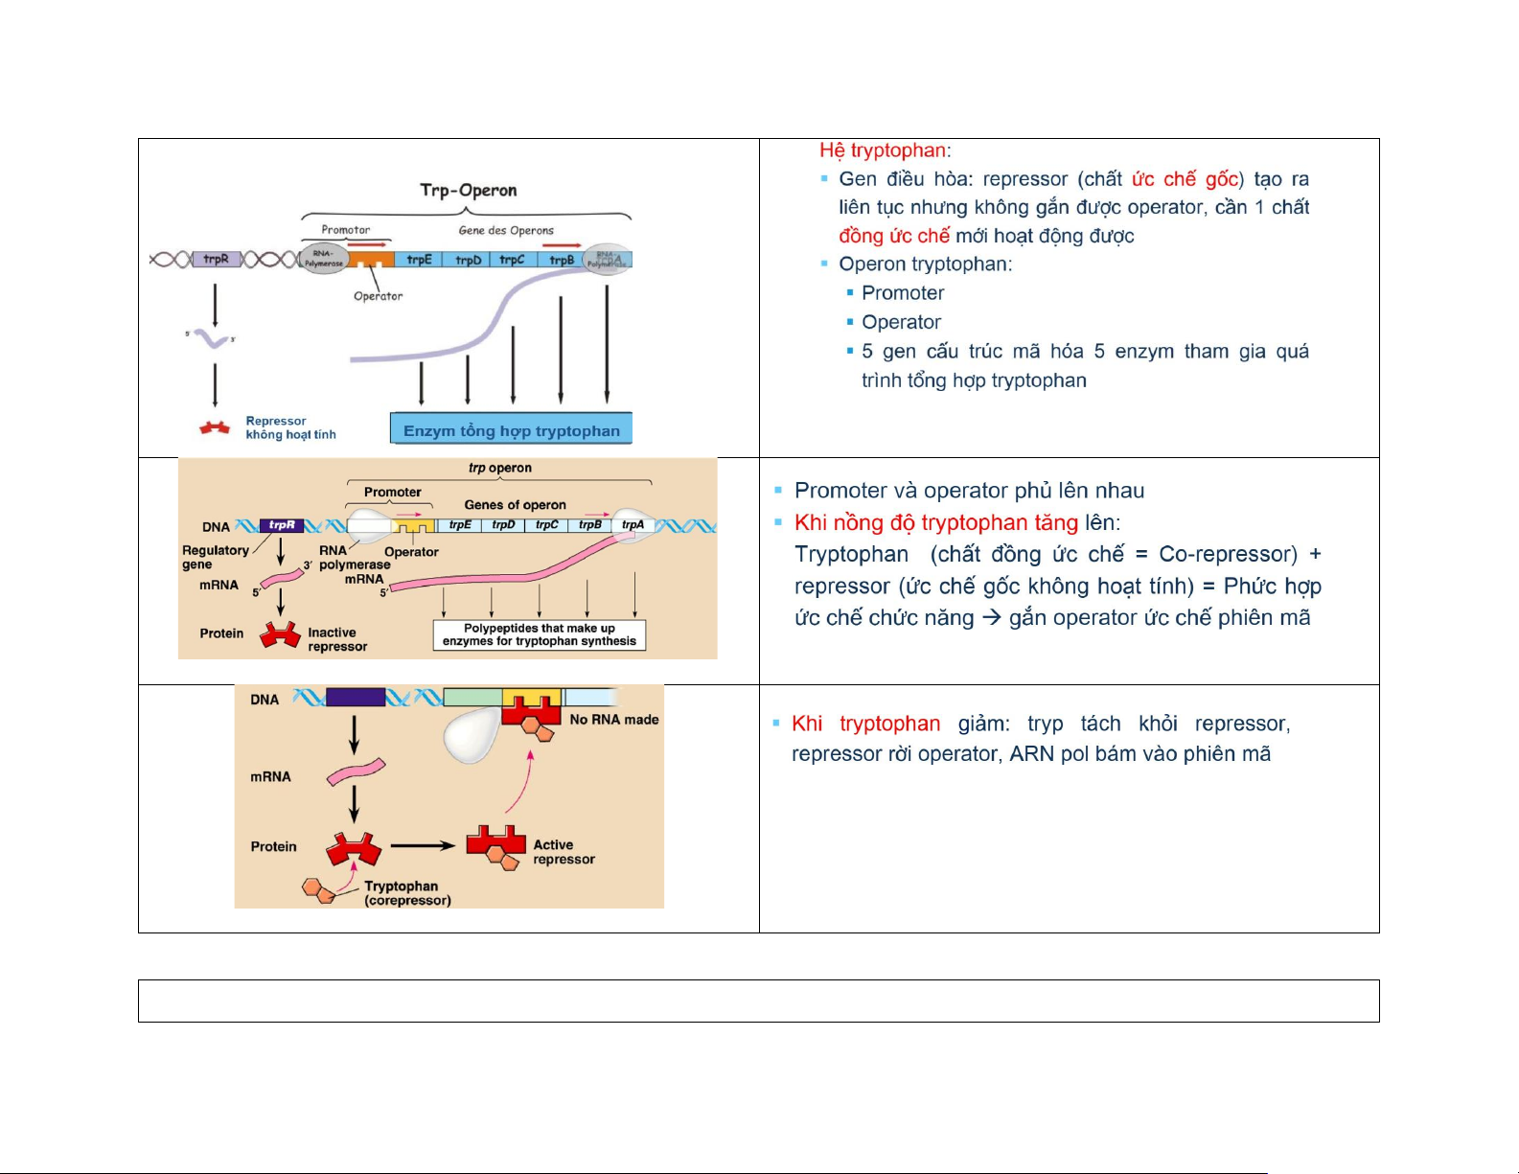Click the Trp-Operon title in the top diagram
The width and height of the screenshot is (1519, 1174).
point(468,190)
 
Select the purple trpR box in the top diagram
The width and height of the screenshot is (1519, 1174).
point(216,259)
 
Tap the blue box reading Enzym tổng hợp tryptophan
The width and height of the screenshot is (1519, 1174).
point(511,430)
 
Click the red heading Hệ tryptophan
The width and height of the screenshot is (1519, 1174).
point(884,150)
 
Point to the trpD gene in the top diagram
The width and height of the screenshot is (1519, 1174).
point(468,260)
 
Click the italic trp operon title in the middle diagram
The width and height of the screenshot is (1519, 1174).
point(499,468)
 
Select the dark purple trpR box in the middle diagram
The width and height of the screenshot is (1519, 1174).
point(282,525)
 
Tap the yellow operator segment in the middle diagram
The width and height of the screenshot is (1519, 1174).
point(413,526)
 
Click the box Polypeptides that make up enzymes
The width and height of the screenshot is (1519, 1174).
point(539,634)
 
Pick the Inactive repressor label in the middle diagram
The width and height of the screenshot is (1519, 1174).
point(337,639)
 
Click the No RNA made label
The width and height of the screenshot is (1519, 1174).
point(614,720)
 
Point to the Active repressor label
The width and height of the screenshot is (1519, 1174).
point(564,852)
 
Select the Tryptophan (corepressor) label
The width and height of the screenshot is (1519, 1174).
point(407,893)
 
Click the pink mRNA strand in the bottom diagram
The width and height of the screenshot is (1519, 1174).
point(356,771)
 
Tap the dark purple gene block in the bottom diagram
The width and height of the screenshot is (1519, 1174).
point(356,697)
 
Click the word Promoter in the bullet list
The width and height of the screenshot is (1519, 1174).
point(903,293)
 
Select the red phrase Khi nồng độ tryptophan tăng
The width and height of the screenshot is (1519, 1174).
point(935,522)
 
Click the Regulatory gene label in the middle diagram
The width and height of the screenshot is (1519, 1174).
point(215,557)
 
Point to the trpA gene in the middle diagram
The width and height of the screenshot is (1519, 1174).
point(633,525)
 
